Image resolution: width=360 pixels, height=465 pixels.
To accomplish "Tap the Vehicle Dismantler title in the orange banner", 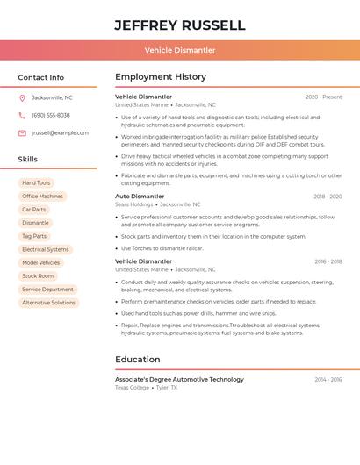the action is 179,50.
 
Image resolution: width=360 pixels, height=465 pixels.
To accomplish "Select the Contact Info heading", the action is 40,77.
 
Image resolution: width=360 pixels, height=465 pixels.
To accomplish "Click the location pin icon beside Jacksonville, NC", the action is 22,97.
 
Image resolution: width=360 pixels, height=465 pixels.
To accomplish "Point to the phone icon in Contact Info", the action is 22,115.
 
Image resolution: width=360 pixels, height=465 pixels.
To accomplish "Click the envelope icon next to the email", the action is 22,133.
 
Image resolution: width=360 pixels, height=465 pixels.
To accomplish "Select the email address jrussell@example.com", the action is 60,133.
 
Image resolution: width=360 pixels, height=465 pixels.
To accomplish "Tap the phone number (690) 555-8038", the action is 51,115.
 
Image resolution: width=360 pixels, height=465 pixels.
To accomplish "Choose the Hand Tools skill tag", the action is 36,183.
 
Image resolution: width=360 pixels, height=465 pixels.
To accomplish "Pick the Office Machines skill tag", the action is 42,197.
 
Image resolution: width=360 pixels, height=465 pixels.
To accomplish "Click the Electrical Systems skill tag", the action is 45,249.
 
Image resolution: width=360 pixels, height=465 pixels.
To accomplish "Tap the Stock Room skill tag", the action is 38,275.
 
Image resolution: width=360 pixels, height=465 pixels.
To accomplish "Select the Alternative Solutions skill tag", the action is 48,303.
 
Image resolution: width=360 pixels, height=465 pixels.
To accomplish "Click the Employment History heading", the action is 161,77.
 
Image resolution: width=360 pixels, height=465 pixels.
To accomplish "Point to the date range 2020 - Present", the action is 323,97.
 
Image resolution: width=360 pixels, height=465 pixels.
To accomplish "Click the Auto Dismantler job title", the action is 140,197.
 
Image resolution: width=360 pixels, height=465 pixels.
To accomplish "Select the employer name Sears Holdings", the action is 134,204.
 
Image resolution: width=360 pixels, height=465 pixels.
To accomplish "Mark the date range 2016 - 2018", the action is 328,261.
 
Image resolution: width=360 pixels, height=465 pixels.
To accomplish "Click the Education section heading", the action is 138,359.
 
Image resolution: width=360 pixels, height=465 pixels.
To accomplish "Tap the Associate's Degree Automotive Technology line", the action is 179,379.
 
